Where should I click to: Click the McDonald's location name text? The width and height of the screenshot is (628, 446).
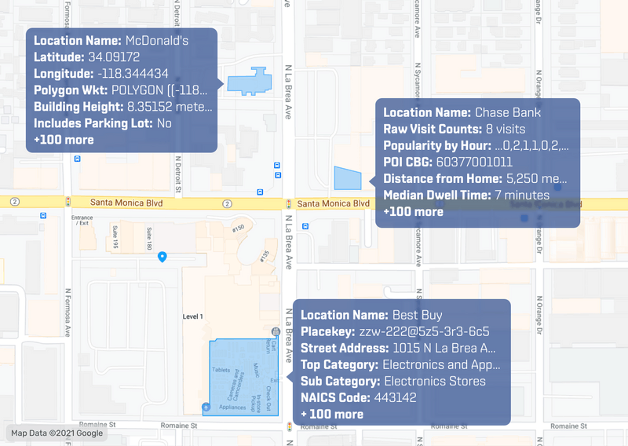click(x=156, y=40)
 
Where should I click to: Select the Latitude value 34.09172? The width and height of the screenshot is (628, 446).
click(x=113, y=57)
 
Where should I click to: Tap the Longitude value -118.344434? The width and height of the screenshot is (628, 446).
click(x=133, y=73)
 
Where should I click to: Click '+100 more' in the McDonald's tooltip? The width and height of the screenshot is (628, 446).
click(x=64, y=140)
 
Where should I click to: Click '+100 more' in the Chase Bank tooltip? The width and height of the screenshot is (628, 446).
click(x=413, y=211)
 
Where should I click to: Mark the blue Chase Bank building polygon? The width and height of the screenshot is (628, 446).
click(x=346, y=179)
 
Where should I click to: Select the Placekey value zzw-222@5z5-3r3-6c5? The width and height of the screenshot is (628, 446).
click(x=425, y=332)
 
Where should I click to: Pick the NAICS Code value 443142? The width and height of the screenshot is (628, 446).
click(x=395, y=397)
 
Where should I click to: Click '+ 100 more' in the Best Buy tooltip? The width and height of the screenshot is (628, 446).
click(x=332, y=414)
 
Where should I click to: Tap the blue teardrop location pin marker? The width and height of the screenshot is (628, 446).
click(x=162, y=256)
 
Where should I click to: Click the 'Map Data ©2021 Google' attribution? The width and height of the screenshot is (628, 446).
click(x=57, y=433)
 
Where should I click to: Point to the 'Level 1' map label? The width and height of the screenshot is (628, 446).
click(x=193, y=316)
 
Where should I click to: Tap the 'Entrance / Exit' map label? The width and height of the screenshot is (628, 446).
click(x=82, y=221)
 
